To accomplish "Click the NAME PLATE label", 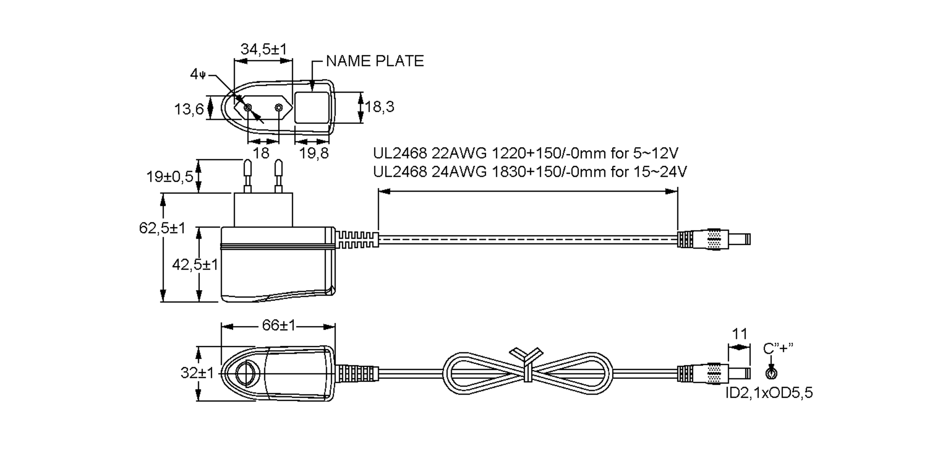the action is click(375, 61).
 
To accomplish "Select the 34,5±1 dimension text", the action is click(263, 49).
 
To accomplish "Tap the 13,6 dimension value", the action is click(189, 109).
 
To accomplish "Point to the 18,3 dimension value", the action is click(379, 106).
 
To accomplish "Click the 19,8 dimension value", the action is click(314, 153).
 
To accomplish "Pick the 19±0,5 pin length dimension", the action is click(170, 177).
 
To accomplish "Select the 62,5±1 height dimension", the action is click(162, 228).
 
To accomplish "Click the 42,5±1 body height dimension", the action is click(195, 265).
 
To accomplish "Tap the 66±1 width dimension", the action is click(279, 325).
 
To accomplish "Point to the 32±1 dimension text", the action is click(197, 373).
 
